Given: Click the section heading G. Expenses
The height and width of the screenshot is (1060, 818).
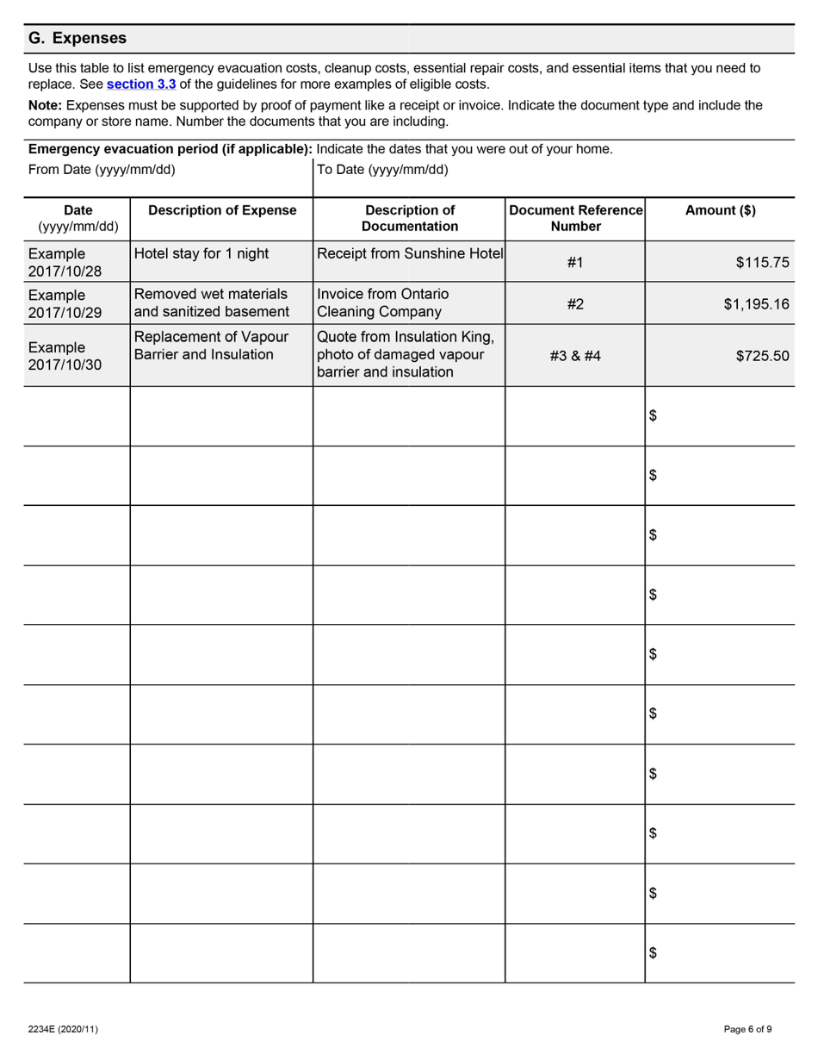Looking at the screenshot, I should click(x=77, y=39).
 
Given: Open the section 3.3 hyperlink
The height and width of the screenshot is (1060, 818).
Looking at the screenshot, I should click(x=141, y=84).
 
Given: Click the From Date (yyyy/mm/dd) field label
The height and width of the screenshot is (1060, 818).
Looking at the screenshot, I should click(x=102, y=170).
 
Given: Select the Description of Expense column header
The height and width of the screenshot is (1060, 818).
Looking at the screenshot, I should click(x=222, y=210).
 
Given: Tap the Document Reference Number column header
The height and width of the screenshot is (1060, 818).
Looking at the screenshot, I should click(x=575, y=218).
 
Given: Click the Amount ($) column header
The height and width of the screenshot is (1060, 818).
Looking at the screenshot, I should click(x=720, y=210).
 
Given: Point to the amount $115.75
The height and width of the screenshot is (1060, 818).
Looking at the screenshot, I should click(x=762, y=263).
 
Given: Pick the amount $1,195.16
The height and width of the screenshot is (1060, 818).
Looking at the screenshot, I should click(x=756, y=303).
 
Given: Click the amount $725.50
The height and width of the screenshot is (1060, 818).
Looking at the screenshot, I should click(x=762, y=355).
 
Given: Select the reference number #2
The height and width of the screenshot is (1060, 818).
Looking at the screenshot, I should click(x=575, y=303).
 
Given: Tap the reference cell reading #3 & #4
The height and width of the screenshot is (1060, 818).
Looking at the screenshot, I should click(x=575, y=355).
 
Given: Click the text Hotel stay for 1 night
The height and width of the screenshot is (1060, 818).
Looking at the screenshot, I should click(x=201, y=254).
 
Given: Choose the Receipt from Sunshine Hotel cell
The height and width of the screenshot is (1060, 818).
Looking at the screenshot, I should click(x=410, y=254).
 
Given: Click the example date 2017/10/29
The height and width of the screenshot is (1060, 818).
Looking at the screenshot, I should click(x=65, y=312).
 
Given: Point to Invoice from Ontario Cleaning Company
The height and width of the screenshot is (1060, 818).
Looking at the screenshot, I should click(x=382, y=303).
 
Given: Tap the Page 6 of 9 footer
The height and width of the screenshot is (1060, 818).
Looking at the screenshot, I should click(x=747, y=1029).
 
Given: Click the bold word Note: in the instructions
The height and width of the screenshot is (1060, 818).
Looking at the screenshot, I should click(x=46, y=105).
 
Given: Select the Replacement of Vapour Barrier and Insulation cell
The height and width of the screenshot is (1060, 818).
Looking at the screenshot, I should click(x=211, y=346).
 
